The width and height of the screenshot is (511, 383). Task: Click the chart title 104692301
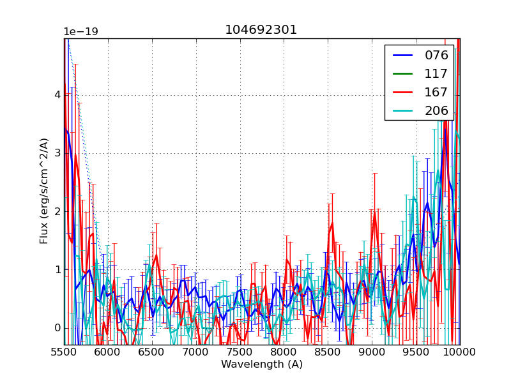tap(261, 30)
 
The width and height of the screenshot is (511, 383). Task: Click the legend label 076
tap(436, 55)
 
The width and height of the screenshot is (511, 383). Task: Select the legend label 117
tap(436, 73)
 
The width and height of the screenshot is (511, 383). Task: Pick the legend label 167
tap(436, 92)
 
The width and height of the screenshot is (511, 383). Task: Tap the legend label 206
tap(436, 110)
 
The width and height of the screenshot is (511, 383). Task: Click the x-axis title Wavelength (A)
tap(262, 364)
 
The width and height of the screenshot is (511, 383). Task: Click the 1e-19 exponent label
tap(80, 32)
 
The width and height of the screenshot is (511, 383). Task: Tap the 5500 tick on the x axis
tap(64, 353)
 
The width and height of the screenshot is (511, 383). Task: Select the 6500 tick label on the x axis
tap(152, 353)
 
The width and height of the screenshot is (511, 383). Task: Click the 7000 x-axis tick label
tap(196, 353)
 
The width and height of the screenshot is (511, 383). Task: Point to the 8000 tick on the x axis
tap(284, 353)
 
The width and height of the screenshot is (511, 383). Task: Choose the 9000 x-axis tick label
tap(372, 353)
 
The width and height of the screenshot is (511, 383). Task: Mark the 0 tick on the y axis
tap(57, 328)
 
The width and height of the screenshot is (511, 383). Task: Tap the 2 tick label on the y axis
tap(57, 211)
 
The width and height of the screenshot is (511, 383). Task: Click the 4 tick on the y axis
tap(57, 95)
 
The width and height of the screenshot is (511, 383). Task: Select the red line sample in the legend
tap(402, 93)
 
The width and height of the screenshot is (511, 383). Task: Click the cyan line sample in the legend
tap(402, 111)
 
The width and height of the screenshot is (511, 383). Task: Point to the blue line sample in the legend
tap(402, 56)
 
